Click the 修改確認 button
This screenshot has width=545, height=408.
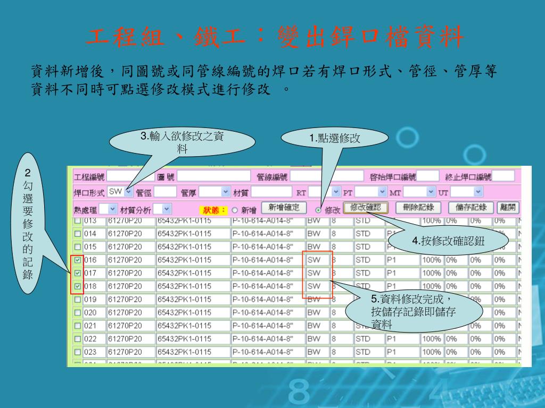pos(366,208)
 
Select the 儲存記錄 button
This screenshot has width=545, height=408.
pos(468,208)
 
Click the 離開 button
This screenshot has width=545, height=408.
pos(508,208)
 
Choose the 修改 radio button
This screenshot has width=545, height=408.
pos(319,210)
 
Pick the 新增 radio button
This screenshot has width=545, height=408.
pos(234,210)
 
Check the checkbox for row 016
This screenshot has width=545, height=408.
pos(78,260)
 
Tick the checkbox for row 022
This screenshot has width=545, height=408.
pos(78,338)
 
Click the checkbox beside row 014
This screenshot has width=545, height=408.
pos(78,234)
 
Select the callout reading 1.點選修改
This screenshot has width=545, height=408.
pos(335,139)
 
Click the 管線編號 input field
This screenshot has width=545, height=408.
pos(326,176)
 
